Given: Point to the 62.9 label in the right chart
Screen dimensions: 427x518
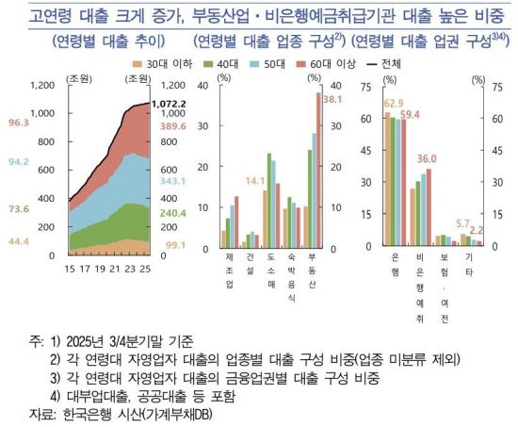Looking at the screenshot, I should click(394, 103).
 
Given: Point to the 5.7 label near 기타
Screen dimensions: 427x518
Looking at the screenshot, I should click(462, 223).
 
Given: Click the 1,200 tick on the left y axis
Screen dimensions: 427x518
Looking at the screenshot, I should click(43, 85).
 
